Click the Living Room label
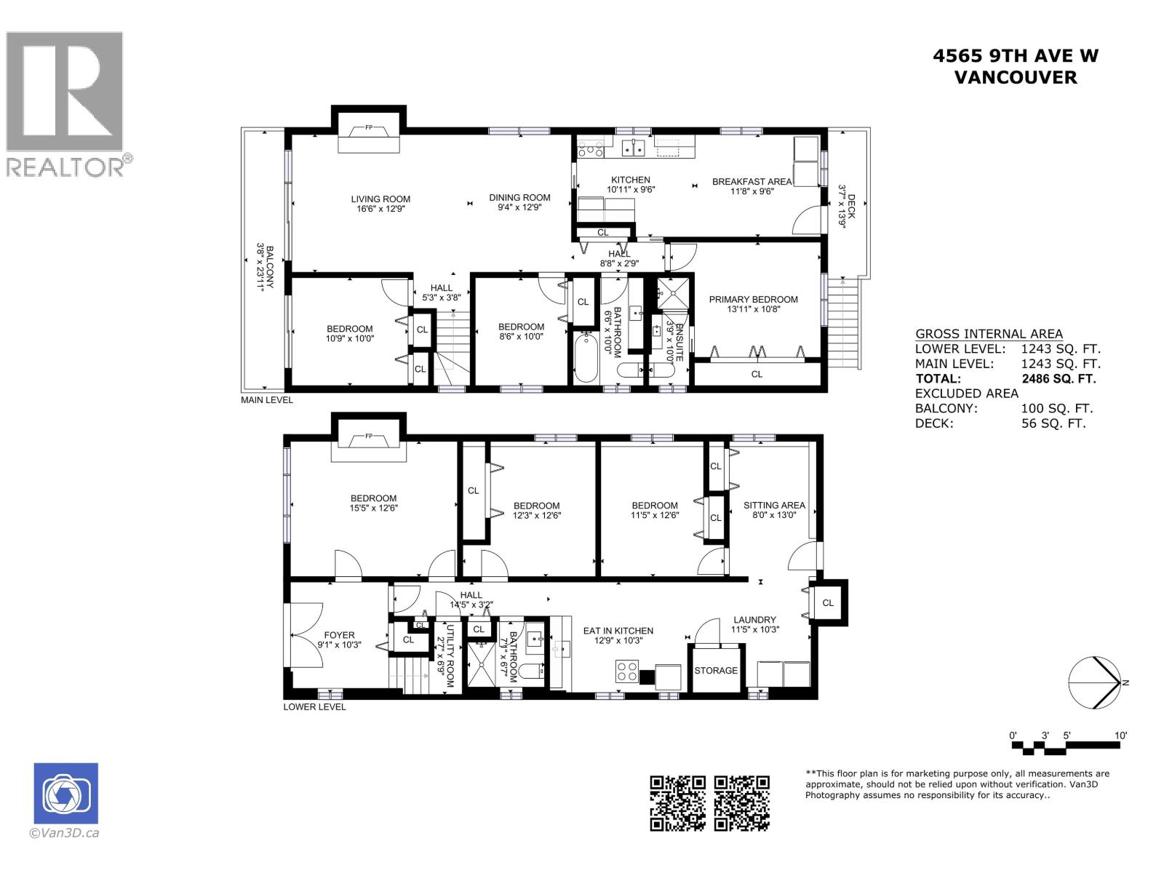[x=380, y=199]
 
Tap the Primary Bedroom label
[x=753, y=299]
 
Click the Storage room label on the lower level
[x=716, y=670]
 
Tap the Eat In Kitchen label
[x=618, y=631]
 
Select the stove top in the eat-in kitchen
[x=627, y=670]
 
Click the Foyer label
[x=339, y=635]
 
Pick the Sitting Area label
[x=774, y=505]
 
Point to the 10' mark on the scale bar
[x=1120, y=736]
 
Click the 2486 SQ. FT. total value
[x=1059, y=378]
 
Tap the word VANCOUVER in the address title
[x=1015, y=77]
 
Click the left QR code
[x=677, y=803]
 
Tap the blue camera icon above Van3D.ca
[x=65, y=793]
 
